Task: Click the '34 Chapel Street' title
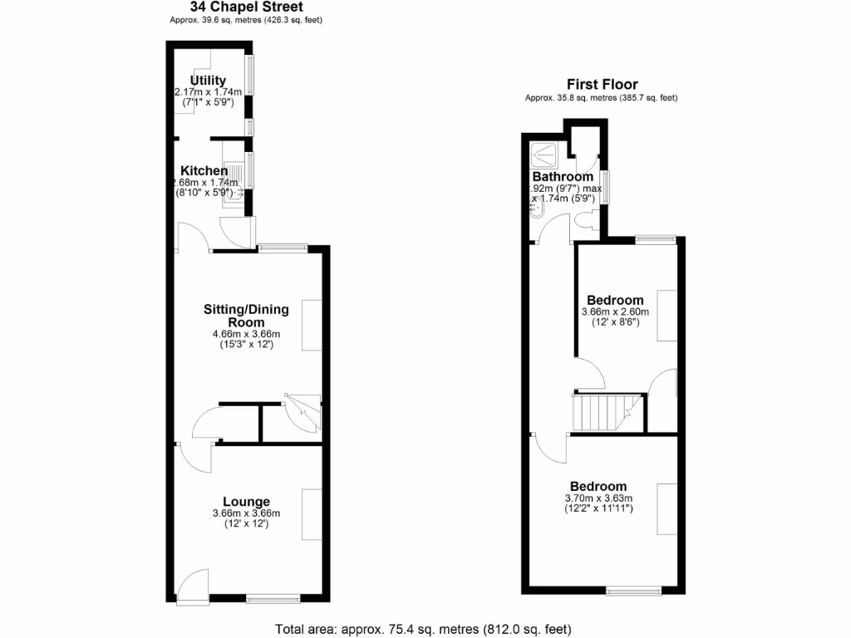246,7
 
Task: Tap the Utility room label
208,81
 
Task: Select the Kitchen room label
204,171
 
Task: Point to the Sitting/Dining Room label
246,316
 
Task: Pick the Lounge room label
246,502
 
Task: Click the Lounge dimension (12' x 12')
246,524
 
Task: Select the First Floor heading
603,84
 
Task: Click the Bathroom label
563,177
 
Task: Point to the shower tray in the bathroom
545,153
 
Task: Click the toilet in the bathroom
584,220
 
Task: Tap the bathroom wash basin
536,212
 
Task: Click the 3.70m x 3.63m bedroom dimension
598,498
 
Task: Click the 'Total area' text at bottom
423,629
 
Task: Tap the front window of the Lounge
273,597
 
